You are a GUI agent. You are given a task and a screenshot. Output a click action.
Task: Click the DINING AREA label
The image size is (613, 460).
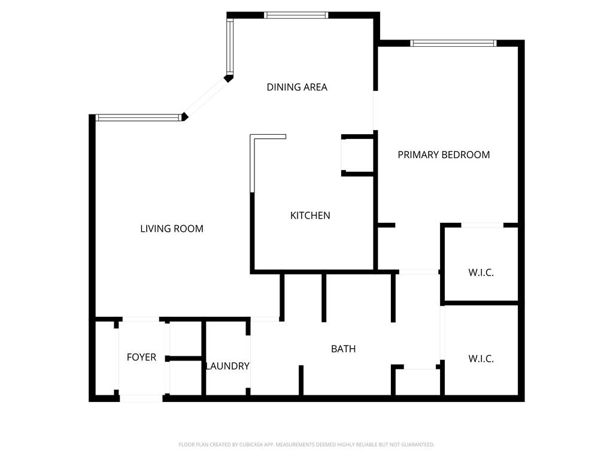[x=297, y=87]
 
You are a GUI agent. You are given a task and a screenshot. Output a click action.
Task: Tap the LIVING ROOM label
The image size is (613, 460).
[x=172, y=229]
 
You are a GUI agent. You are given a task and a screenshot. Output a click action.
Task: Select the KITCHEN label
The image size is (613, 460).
[x=310, y=216]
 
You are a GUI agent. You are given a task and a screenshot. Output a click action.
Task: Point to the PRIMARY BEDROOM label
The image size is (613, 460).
[x=444, y=155]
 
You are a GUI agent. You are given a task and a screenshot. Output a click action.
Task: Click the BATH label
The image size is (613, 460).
[x=343, y=349]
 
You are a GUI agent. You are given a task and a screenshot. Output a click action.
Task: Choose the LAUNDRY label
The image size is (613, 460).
[x=228, y=366]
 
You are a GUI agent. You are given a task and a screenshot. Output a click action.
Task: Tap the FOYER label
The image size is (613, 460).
[x=141, y=357]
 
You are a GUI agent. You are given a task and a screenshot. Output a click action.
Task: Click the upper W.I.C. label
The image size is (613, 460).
[x=481, y=273]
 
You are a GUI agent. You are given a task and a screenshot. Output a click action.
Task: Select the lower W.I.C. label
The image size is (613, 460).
[x=481, y=359]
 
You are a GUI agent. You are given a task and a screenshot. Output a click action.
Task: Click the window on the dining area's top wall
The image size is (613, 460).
[x=296, y=15]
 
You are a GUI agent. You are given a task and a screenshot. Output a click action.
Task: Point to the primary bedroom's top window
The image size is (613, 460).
[x=453, y=43]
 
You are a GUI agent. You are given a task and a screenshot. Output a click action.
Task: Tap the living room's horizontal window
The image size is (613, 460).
[x=139, y=117]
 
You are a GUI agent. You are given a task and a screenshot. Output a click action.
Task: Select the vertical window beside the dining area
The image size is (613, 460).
[x=230, y=47]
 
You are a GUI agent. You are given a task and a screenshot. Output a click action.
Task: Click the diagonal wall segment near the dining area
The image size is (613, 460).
[x=207, y=98]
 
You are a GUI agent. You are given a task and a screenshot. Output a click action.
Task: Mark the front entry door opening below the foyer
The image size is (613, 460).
[x=141, y=398]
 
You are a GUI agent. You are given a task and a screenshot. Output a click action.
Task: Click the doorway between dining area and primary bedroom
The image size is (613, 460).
[x=376, y=110]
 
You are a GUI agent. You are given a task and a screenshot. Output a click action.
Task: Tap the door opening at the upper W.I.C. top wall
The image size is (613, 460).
[x=482, y=225]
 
